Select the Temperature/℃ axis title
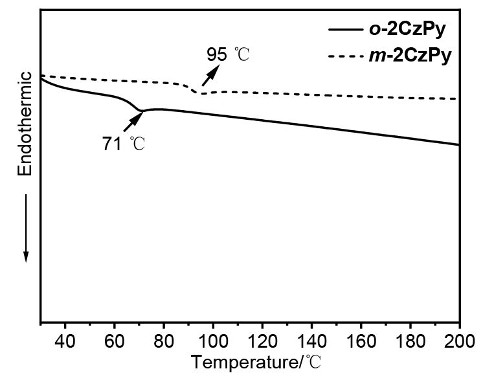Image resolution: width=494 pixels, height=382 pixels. pyautogui.click(x=256, y=363)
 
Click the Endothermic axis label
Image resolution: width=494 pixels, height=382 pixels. pyautogui.click(x=25, y=124)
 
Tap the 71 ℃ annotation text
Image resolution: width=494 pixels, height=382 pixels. pyautogui.click(x=123, y=144)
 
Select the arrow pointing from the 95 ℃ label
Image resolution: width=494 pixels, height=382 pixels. pyautogui.click(x=210, y=76)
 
